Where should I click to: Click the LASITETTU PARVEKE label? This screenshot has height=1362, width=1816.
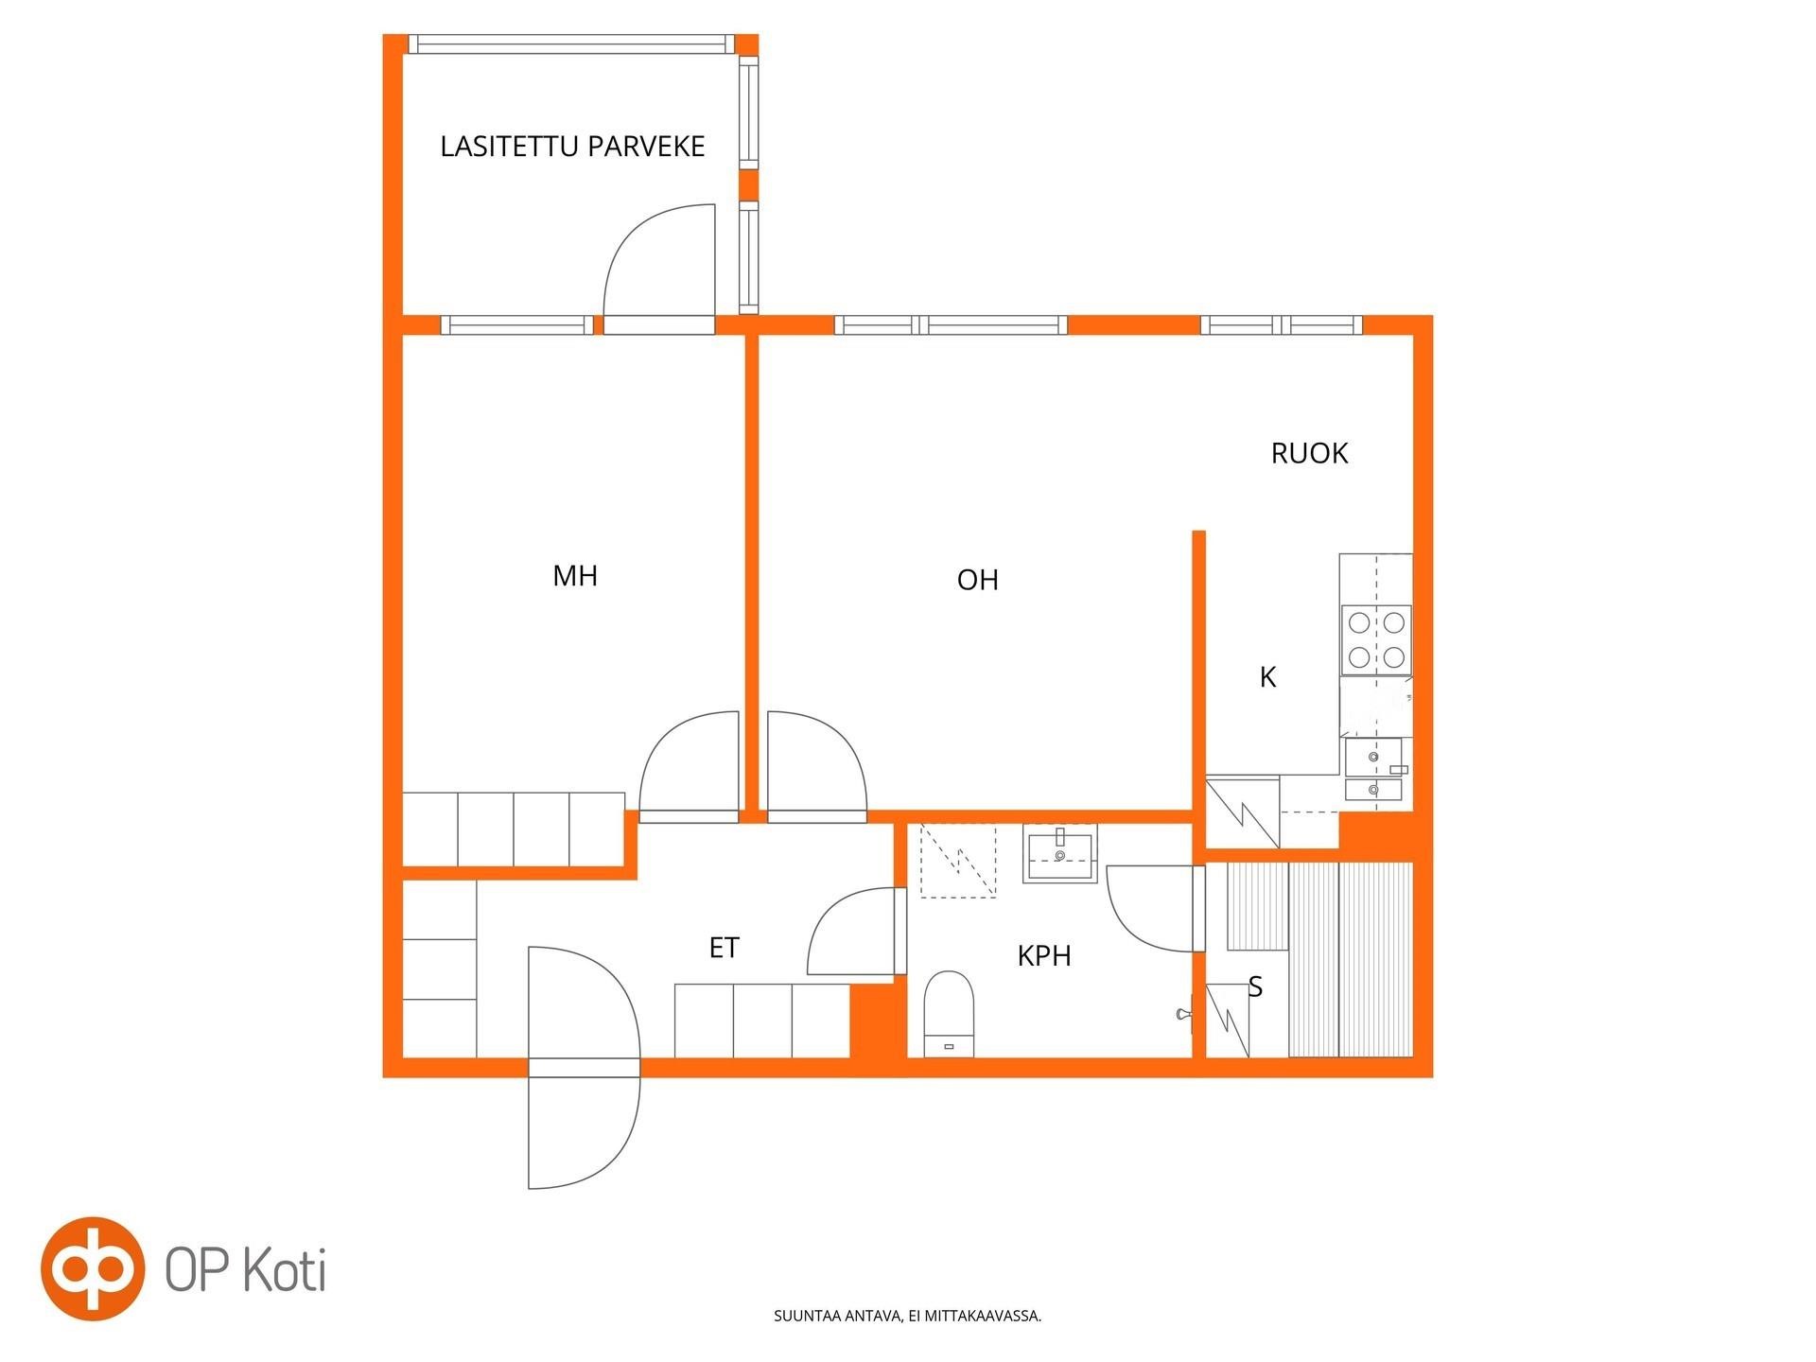(572, 147)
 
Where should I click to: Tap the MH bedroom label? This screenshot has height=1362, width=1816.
(575, 575)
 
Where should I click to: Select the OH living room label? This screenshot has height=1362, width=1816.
(977, 579)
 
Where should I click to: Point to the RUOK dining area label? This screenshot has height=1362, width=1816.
(1309, 453)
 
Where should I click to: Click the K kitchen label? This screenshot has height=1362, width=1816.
(1268, 677)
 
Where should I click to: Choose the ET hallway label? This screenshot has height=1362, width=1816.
(724, 948)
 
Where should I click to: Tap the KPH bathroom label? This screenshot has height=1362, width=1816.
(1044, 956)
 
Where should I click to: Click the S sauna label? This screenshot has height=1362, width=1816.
(1255, 987)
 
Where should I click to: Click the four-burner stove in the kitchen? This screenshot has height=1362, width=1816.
(1376, 640)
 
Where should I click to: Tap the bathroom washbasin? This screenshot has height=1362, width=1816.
(1059, 854)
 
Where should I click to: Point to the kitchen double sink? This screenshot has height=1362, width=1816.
(1374, 770)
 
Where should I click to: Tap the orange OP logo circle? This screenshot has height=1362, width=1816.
(92, 1268)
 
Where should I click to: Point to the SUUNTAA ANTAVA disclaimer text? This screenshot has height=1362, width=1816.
(907, 1316)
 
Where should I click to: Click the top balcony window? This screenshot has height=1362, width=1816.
(571, 44)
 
